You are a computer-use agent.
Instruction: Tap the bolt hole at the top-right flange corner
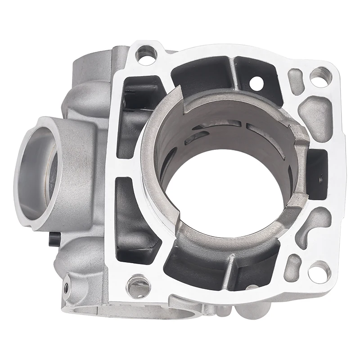320,76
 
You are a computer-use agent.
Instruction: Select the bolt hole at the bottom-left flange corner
137,284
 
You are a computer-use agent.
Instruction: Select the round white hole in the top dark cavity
257,82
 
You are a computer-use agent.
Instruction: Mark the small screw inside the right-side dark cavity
320,179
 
